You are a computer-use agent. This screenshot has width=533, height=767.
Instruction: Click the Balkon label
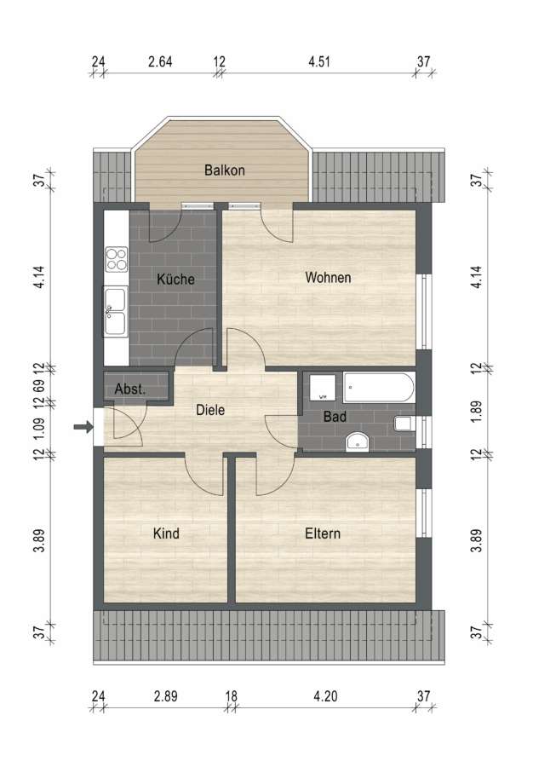224,170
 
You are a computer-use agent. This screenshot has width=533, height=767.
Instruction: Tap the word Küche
175,279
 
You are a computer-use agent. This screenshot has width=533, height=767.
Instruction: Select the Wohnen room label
328,277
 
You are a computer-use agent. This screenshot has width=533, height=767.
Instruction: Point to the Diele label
210,409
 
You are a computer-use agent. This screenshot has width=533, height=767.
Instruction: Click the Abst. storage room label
130,389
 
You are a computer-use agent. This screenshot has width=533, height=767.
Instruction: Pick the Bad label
335,417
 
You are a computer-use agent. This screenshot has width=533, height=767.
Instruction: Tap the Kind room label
166,533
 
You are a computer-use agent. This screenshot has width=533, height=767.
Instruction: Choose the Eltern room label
323,533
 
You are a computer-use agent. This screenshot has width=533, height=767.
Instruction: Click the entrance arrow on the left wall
83,427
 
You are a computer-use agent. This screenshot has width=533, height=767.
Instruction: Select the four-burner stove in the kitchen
117,259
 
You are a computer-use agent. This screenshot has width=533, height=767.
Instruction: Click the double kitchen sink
115,312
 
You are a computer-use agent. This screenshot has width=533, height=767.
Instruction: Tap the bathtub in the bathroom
379,388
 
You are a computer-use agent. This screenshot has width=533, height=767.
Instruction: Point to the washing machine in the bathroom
323,388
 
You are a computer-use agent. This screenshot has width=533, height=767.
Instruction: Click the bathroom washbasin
357,441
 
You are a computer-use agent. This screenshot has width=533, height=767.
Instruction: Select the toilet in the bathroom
404,424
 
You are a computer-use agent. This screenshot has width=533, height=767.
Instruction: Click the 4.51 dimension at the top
319,61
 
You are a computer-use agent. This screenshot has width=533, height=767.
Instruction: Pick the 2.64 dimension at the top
160,61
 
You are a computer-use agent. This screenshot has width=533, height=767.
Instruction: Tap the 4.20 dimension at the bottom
325,695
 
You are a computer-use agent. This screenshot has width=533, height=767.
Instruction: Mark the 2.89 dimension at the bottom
166,695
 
